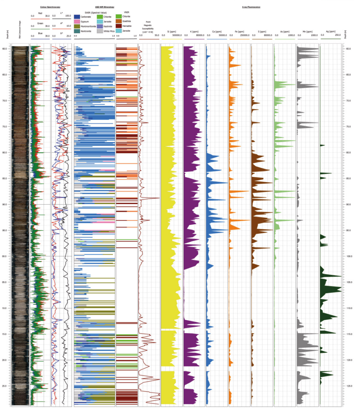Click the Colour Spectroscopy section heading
tap(50, 7)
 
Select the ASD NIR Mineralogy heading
tap(104, 7)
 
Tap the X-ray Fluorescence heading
tap(251, 7)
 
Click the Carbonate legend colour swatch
tap(77, 17)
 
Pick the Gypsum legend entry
tap(85, 21)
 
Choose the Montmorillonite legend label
tap(89, 26)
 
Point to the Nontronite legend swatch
tap(77, 31)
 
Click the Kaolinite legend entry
tap(108, 26)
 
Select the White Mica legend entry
tap(109, 31)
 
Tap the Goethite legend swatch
tap(119, 21)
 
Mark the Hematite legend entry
tap(126, 26)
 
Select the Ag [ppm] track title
tap(330, 32)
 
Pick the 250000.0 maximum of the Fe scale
tap(244, 35)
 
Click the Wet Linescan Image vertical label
tap(20, 29)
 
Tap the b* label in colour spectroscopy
tap(61, 33)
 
